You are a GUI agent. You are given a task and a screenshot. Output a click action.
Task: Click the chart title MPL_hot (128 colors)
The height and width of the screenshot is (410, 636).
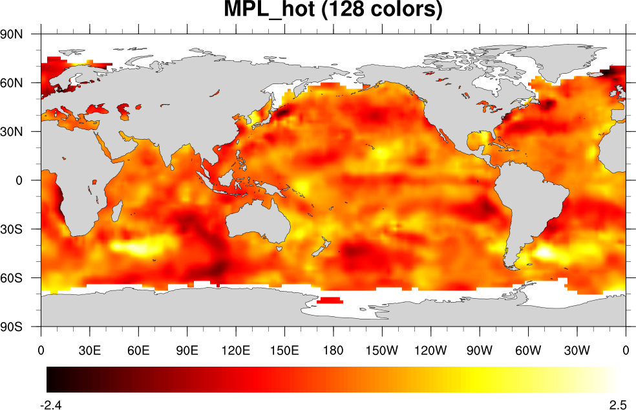333,11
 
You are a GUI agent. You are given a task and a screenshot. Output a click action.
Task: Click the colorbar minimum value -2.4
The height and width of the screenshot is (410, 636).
52,405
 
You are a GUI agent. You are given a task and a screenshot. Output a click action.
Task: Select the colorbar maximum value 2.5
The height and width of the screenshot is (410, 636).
618,405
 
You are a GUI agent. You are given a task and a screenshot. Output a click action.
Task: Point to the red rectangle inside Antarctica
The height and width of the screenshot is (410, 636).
330,300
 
